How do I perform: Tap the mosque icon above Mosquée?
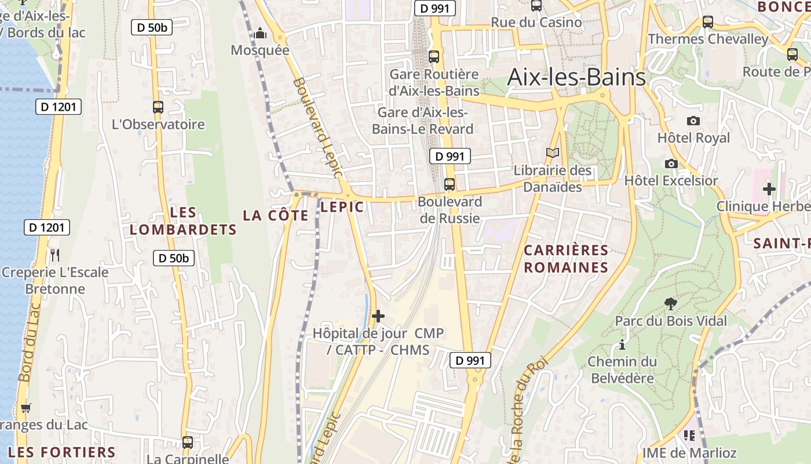tap(260, 33)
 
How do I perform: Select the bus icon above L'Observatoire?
tap(158, 107)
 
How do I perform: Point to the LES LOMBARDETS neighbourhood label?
tap(183, 221)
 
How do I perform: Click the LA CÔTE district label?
tap(276, 215)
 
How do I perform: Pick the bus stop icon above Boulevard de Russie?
tap(450, 184)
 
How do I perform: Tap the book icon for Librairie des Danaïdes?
tap(553, 153)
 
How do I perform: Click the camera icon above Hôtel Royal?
tap(693, 121)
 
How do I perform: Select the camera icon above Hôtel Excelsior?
tap(671, 164)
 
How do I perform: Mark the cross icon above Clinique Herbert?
tap(769, 189)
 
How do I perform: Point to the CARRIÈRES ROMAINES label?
tap(566, 259)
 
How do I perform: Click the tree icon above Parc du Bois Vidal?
tap(670, 303)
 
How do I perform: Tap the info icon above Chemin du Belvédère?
tap(622, 345)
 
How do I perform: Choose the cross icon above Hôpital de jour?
tap(378, 316)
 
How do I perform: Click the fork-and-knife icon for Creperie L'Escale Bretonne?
tap(55, 255)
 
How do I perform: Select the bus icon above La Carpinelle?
tap(187, 442)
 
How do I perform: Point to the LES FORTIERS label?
tap(62, 452)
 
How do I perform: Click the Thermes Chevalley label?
tap(708, 39)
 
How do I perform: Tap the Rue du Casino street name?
tap(536, 22)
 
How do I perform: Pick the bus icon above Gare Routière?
tap(434, 57)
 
